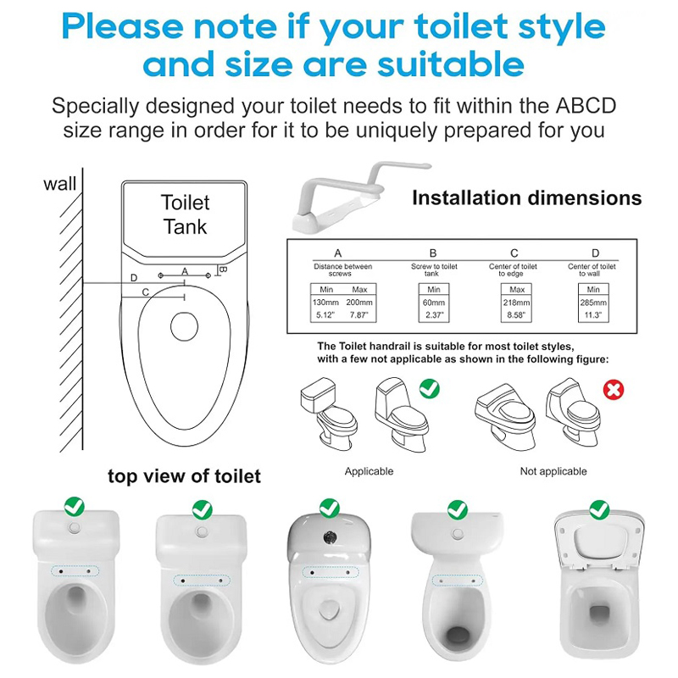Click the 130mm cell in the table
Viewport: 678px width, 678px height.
click(x=325, y=303)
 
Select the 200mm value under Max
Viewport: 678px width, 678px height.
click(x=359, y=303)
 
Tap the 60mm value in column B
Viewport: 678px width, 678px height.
click(x=434, y=303)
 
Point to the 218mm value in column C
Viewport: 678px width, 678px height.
click(x=516, y=303)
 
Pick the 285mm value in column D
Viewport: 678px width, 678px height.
click(x=593, y=303)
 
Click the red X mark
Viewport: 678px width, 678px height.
click(x=614, y=390)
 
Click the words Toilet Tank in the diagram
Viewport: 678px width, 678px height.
click(x=185, y=214)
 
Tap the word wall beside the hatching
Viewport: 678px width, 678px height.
click(x=59, y=184)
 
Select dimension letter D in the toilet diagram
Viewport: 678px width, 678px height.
click(x=134, y=278)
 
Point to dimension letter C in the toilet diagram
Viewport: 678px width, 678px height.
click(x=146, y=292)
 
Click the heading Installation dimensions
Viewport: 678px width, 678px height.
click(x=526, y=198)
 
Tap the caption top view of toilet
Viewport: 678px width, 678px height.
click(x=184, y=476)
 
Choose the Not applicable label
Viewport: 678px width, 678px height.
click(x=553, y=471)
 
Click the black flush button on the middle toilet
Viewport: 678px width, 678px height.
click(x=330, y=537)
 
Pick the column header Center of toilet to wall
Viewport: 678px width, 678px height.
click(x=592, y=270)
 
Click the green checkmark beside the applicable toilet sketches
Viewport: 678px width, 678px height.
click(x=430, y=389)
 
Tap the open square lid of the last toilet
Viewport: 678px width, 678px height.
click(x=599, y=541)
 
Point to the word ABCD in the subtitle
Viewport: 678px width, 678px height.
click(x=586, y=106)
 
